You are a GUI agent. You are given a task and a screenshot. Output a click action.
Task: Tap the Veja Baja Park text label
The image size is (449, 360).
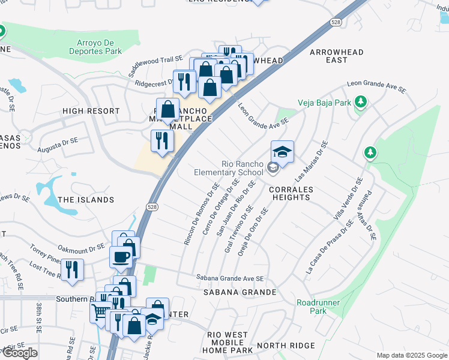pyautogui.click(x=327, y=103)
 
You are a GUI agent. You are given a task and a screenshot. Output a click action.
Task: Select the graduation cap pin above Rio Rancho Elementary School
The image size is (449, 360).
pyautogui.click(x=282, y=152)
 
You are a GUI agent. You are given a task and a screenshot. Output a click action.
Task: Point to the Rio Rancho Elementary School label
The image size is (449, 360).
pyautogui.click(x=234, y=168)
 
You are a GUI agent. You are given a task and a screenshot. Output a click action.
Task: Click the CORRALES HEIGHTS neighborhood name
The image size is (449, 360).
pyautogui.click(x=291, y=193)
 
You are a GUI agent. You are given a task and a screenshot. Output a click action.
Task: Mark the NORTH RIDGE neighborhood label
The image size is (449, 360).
pyautogui.click(x=286, y=345)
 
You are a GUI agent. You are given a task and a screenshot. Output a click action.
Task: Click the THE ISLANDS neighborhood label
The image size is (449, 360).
pyautogui.click(x=86, y=199)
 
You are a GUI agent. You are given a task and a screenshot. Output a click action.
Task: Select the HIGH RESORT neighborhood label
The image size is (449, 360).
pyautogui.click(x=91, y=111)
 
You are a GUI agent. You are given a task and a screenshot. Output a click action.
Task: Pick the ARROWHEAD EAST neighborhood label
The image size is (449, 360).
pyautogui.click(x=337, y=56)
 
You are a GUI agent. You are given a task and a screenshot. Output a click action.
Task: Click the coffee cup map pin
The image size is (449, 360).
pyautogui.click(x=120, y=257)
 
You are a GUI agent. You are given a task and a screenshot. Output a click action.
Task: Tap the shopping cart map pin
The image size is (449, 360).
pyautogui.click(x=100, y=311)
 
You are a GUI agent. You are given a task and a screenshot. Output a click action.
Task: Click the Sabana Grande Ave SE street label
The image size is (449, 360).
pyautogui.click(x=230, y=278)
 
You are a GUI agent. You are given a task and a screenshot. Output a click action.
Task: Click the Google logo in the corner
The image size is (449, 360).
pyautogui.click(x=20, y=353)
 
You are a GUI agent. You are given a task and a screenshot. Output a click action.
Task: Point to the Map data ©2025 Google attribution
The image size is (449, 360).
pyautogui.click(x=411, y=355)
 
